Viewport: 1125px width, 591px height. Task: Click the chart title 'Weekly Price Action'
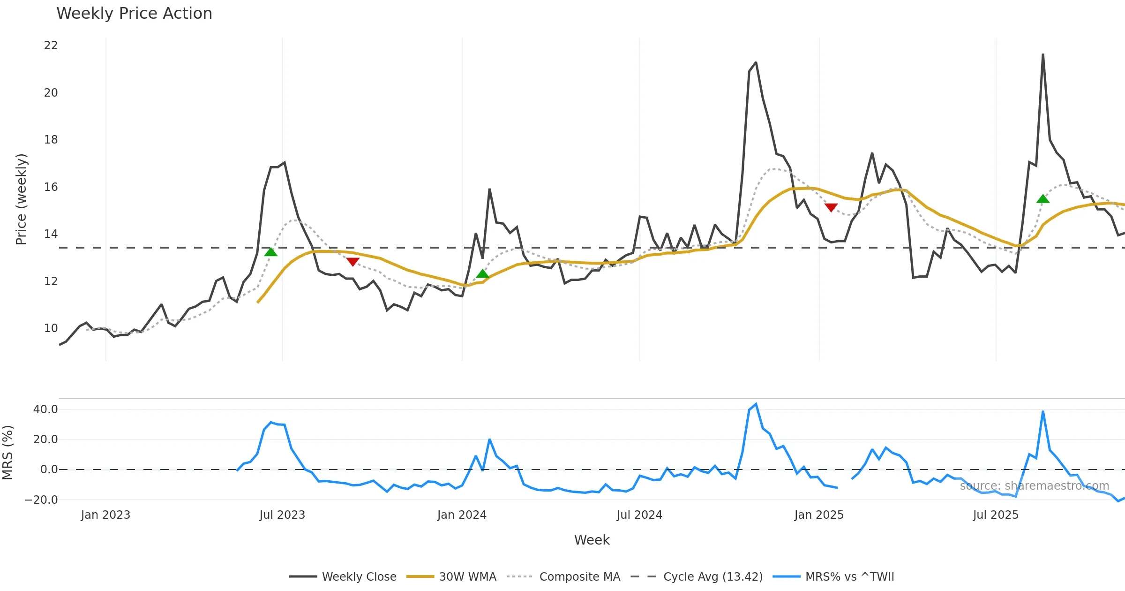[x=134, y=14]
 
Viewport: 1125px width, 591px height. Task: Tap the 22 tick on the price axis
[x=51, y=45]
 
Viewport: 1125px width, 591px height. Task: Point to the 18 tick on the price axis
[x=51, y=140]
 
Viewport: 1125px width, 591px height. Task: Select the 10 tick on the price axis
[x=51, y=328]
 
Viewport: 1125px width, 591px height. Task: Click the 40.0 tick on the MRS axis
[x=45, y=409]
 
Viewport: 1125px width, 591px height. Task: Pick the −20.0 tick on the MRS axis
[x=41, y=500]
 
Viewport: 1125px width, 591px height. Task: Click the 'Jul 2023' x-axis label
[x=282, y=515]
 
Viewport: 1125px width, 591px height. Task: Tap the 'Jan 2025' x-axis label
[x=819, y=515]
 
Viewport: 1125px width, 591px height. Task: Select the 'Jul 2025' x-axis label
[x=996, y=515]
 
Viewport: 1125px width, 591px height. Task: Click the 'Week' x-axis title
[x=592, y=540]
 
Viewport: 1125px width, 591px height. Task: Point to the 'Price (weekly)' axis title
[x=22, y=199]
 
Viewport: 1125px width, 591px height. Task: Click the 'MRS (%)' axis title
[x=8, y=453]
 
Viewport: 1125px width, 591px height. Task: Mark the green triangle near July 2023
[x=271, y=252]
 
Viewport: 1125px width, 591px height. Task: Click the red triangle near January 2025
[x=831, y=207]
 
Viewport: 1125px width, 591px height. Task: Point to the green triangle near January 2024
[x=482, y=274]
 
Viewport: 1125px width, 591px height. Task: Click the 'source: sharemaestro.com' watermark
[x=1034, y=486]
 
